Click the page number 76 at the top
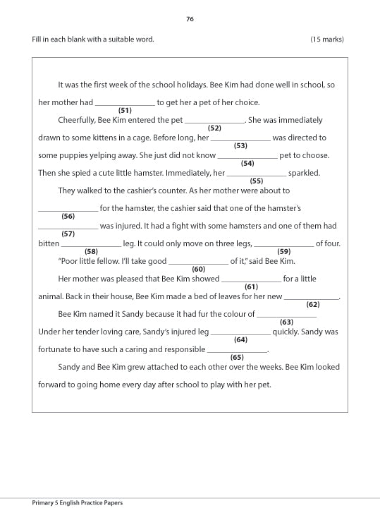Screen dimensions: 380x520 (x=190, y=19)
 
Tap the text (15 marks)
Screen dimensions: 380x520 (x=327, y=39)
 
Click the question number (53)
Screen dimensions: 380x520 (x=240, y=146)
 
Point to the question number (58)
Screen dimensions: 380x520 (x=91, y=252)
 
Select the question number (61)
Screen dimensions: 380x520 (x=251, y=287)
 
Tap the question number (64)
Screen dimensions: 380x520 (x=240, y=340)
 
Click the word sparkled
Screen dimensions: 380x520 (x=304, y=173)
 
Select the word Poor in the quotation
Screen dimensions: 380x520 (x=68, y=261)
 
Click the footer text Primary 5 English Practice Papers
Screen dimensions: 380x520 (x=78, y=503)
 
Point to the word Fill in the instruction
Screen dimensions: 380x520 (x=37, y=39)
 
